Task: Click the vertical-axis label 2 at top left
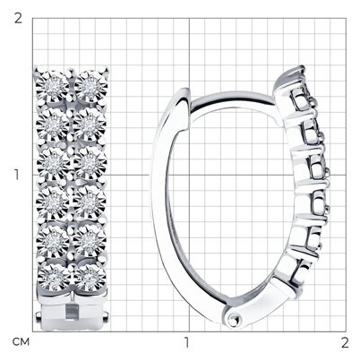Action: [18, 18]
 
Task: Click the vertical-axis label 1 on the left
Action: [17, 175]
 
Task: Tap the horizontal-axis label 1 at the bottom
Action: [187, 342]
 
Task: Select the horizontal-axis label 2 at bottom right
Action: [345, 342]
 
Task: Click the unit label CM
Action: [21, 342]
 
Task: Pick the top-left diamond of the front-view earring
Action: [53, 87]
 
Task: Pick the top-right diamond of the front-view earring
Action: [90, 86]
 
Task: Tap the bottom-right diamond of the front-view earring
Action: [90, 278]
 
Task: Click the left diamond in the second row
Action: [53, 125]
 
